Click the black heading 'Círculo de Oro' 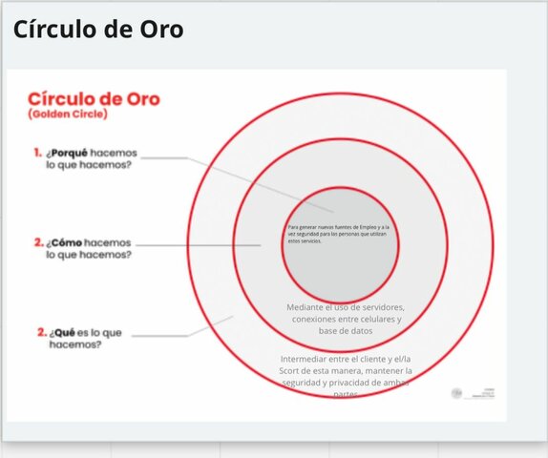(x=97, y=30)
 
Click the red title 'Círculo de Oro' (x=94, y=98)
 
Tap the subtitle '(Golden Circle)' (x=68, y=115)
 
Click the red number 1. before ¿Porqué (x=37, y=153)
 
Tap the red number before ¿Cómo (x=37, y=242)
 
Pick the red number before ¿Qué (x=41, y=332)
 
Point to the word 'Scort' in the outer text (x=293, y=370)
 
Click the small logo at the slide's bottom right (x=455, y=392)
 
